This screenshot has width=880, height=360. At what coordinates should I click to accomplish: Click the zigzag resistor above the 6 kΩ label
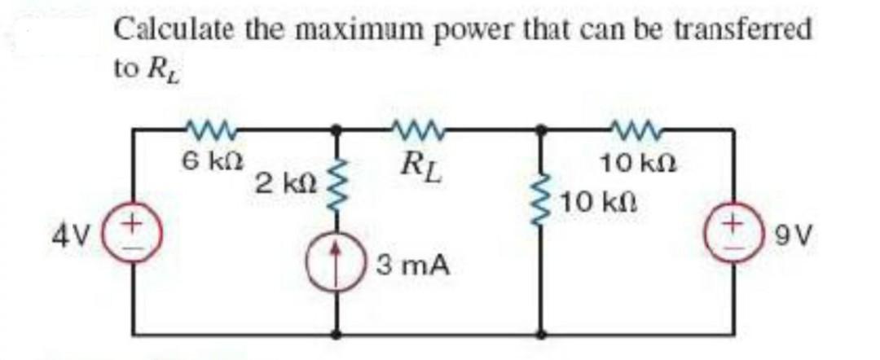[x=210, y=129]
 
